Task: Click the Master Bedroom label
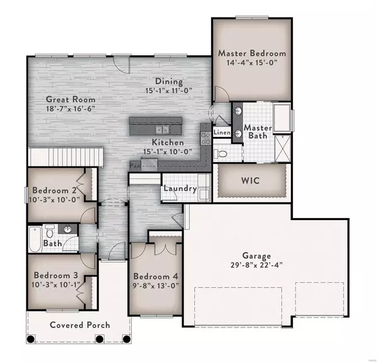[x=252, y=53]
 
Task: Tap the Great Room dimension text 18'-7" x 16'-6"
[x=70, y=109]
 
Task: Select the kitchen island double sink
[x=162, y=130]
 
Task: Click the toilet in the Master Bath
[x=221, y=153]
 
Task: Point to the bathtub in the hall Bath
[x=35, y=239]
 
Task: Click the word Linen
[x=222, y=132]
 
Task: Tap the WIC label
[x=250, y=180]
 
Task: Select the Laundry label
[x=180, y=189]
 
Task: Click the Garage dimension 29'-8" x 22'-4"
[x=256, y=265]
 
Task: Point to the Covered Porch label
[x=80, y=325]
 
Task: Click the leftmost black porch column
[x=31, y=339]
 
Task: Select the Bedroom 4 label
[x=156, y=276]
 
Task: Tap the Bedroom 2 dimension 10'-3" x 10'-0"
[x=54, y=199]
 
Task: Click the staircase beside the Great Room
[x=65, y=156]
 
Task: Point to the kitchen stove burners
[x=206, y=138]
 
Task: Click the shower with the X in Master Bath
[x=283, y=148]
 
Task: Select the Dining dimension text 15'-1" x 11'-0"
[x=169, y=90]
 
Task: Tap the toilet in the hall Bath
[x=50, y=232]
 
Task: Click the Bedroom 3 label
[x=56, y=275]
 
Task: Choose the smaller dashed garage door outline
[x=319, y=299]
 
